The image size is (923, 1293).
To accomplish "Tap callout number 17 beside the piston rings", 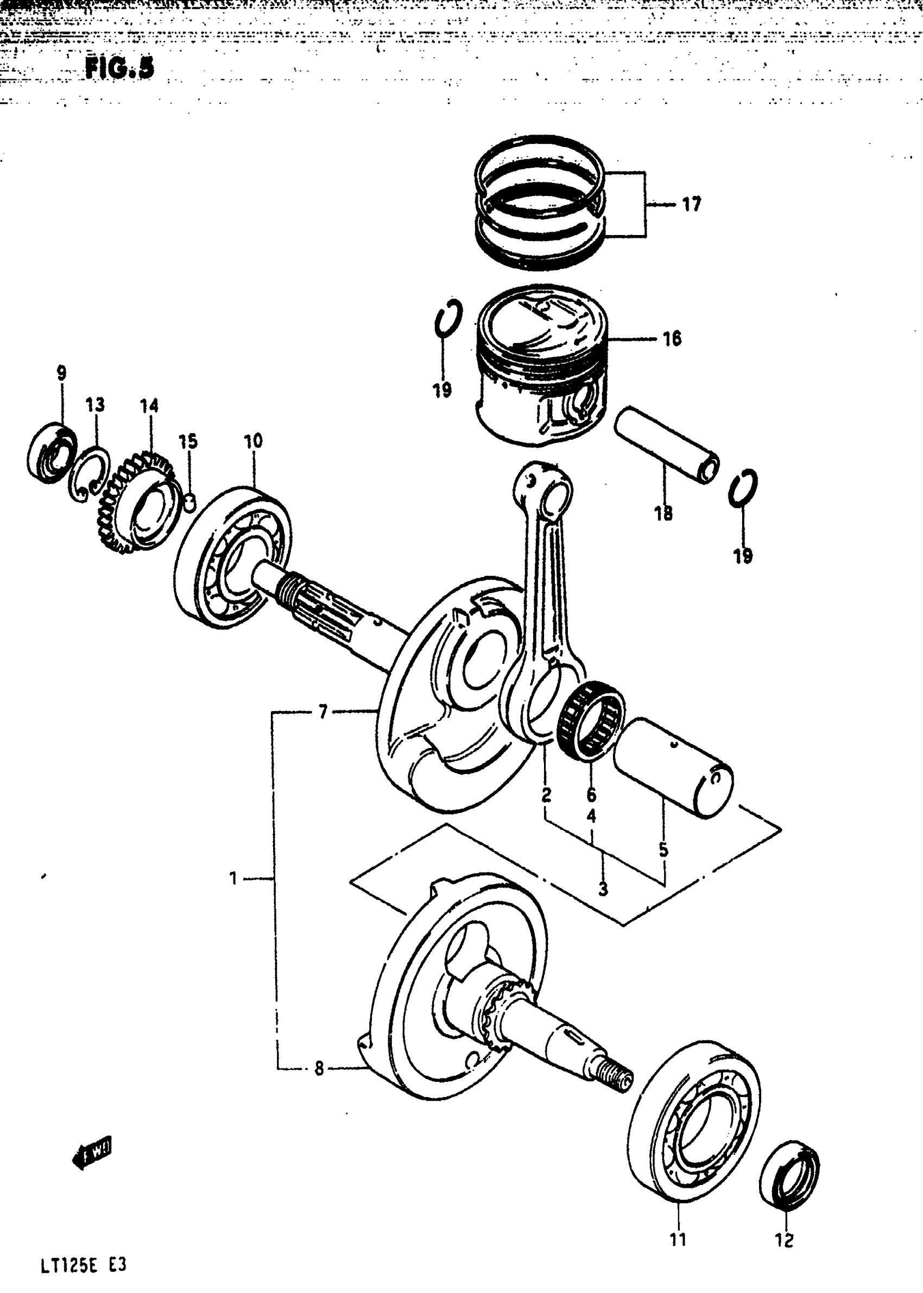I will pos(691,204).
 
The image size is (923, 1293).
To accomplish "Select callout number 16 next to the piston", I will pos(672,339).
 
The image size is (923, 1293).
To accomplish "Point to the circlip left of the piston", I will pos(448,318).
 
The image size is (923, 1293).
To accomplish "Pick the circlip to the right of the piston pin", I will pos(743,487).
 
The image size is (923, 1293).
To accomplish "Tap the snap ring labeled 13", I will pos(88,474).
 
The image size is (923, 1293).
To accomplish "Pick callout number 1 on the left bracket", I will pos(233,879).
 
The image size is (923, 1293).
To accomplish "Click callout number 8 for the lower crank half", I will pos(319,1069).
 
